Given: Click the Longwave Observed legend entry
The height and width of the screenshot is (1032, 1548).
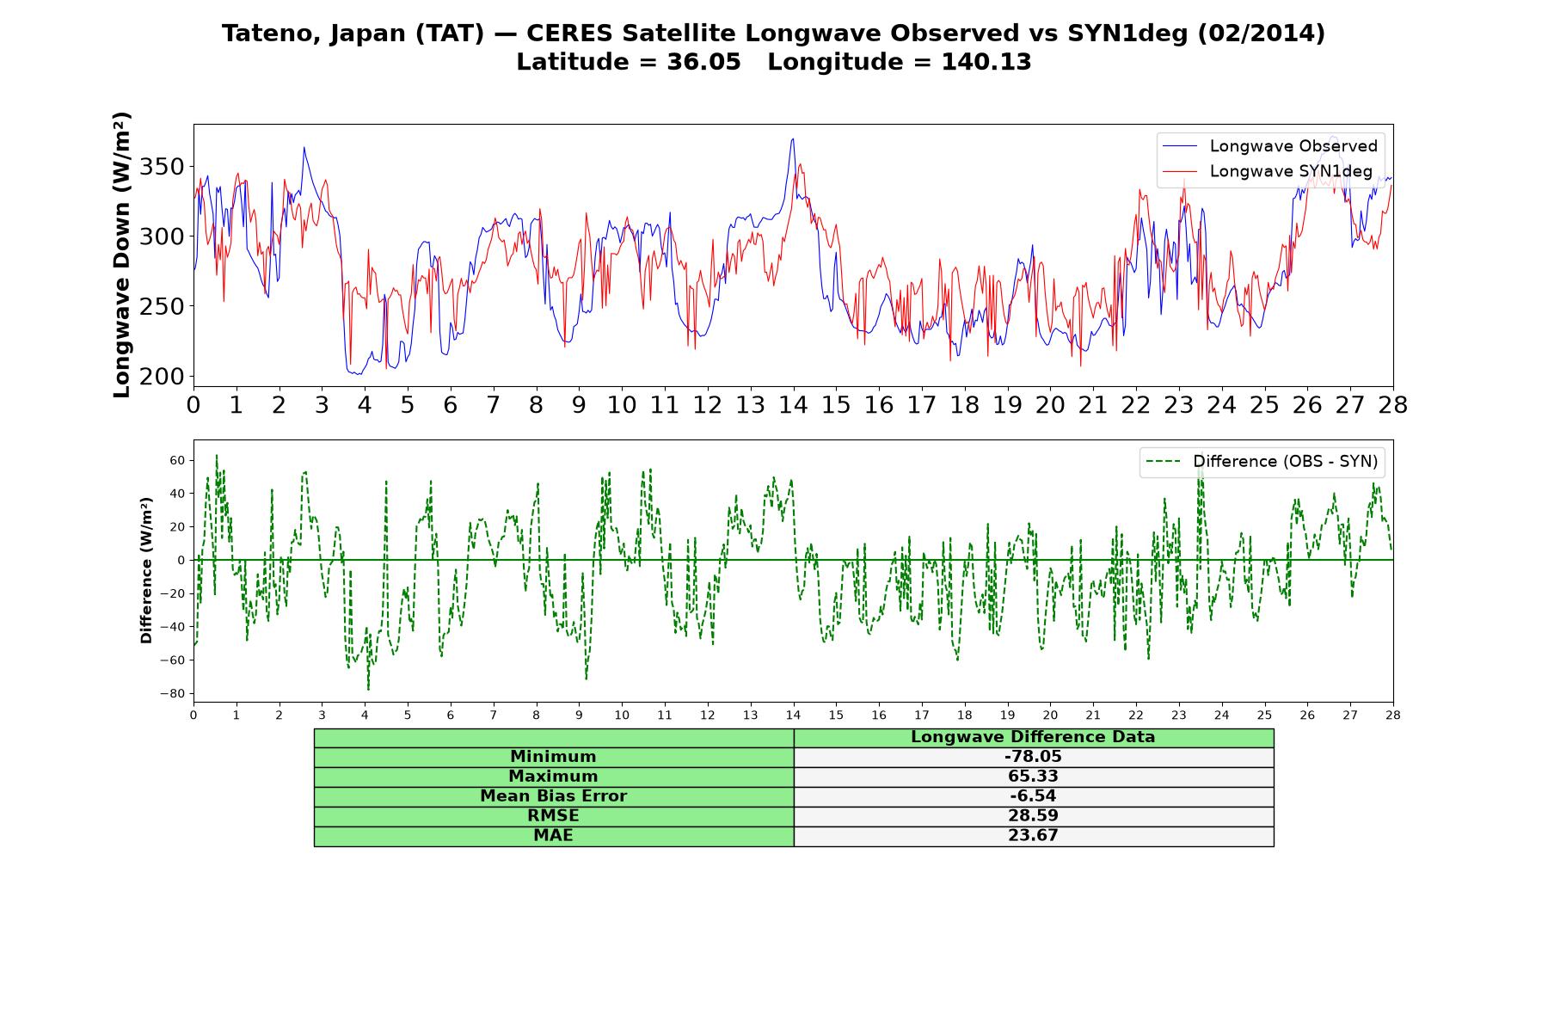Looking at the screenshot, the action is tap(1269, 146).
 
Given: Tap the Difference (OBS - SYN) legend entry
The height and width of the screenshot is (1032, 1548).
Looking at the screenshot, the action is tap(1262, 462).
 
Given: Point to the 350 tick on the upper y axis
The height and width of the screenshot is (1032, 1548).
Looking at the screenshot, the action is tap(163, 166).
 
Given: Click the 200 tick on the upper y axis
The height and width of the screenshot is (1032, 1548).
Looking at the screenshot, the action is tap(163, 376).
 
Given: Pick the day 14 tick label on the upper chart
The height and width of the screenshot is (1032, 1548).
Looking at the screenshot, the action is tap(793, 405).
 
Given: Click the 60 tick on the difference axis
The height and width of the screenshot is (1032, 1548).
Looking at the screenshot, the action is tap(178, 460).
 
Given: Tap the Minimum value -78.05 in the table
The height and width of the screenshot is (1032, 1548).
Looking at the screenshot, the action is tap(1033, 757).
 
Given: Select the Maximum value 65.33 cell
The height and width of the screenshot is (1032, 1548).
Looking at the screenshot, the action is tap(1033, 777).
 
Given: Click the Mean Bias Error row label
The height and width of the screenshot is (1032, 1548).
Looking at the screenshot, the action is tap(553, 796).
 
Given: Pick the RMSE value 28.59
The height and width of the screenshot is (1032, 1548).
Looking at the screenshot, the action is tap(1033, 816).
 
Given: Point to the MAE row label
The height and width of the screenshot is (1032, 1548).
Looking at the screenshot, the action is tap(553, 836).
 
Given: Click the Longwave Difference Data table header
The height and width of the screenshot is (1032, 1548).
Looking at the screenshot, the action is tap(1033, 737).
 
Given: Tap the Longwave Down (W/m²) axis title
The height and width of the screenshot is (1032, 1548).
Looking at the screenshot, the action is tap(122, 255).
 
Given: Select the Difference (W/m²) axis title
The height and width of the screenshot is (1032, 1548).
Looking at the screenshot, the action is tap(146, 570).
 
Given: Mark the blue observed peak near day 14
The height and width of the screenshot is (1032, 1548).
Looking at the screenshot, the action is tap(792, 139).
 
